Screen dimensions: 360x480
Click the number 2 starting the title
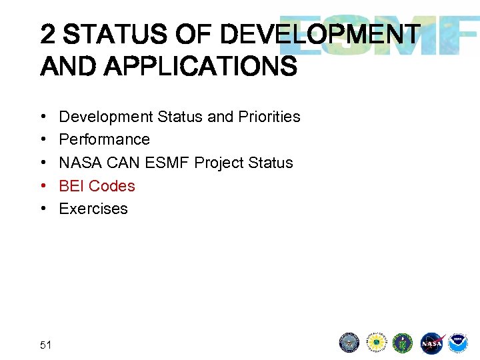(x=47, y=34)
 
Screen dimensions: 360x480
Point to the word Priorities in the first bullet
(x=269, y=117)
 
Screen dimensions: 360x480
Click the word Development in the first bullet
(x=106, y=117)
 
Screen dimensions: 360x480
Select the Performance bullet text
(x=105, y=139)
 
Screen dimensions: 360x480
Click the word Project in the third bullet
(x=218, y=163)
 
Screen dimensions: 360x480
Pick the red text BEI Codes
(x=97, y=186)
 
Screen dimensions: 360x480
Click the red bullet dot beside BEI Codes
(x=43, y=186)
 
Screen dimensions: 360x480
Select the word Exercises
(x=93, y=209)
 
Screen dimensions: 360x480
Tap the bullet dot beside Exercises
(x=43, y=209)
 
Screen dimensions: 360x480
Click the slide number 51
(x=46, y=345)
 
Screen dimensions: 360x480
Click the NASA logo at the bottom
(x=431, y=343)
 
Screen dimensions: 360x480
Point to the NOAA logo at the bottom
(x=458, y=343)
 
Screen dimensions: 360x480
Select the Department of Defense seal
(x=349, y=343)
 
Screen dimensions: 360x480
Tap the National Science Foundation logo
(x=377, y=343)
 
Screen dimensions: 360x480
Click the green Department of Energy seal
(x=403, y=343)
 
